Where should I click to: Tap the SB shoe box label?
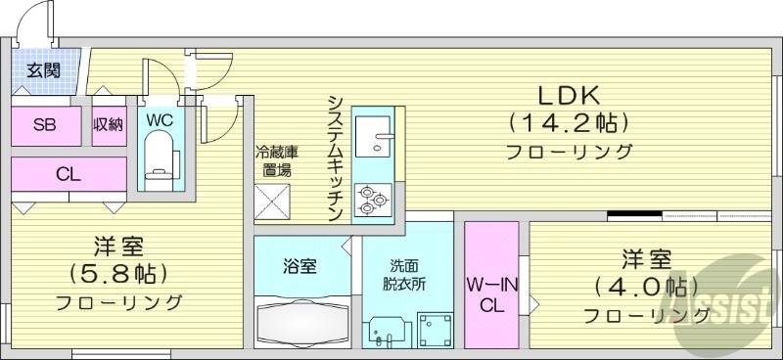[x=44, y=124]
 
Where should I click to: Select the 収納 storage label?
[x=108, y=124]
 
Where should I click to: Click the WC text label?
[x=160, y=119]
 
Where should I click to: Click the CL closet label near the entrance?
[x=68, y=175]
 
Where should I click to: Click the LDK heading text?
[x=566, y=96]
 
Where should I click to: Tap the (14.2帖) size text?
[x=567, y=124]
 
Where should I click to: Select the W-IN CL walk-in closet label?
[x=491, y=293]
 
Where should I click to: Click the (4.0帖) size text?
[x=646, y=288]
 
